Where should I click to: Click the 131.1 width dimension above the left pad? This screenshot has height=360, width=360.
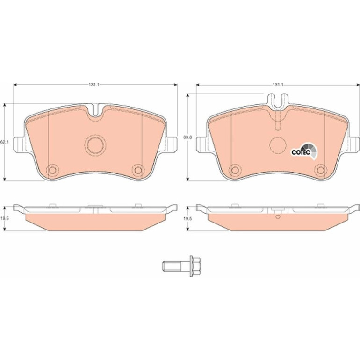click(x=94, y=85)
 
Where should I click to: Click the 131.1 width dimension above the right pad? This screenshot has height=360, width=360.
click(x=278, y=85)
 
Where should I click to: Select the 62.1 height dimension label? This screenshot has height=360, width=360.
click(x=4, y=142)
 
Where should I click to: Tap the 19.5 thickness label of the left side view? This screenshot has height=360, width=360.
click(x=4, y=219)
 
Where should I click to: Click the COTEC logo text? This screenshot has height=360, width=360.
click(x=301, y=152)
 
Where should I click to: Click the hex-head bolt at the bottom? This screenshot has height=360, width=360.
click(x=181, y=266)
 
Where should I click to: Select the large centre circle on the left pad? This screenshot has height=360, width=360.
click(x=95, y=144)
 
